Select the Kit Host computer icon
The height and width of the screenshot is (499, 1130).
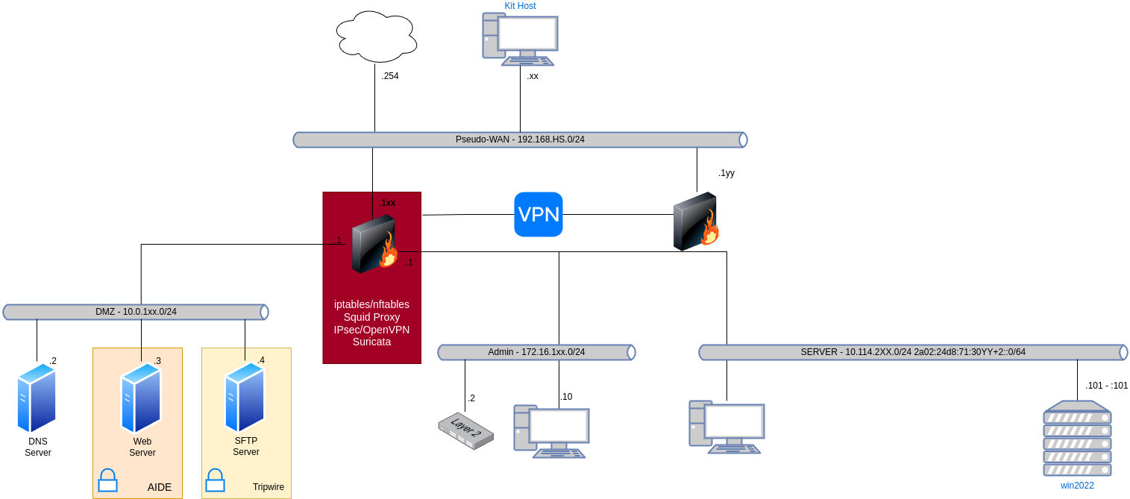520,39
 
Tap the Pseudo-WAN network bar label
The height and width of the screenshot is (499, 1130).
520,139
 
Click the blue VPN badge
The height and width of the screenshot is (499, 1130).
539,215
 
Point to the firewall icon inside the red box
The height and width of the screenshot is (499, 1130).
374,245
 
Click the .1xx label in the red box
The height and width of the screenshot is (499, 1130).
387,203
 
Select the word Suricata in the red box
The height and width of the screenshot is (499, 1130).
371,342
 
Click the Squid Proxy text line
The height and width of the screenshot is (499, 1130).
371,317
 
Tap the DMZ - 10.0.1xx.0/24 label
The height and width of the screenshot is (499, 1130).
136,312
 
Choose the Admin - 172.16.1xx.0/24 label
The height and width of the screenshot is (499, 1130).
536,352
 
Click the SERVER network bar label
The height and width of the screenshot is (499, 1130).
913,352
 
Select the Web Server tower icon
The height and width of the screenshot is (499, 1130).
141,398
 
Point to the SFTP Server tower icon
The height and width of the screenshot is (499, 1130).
245,398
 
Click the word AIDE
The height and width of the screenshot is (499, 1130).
160,487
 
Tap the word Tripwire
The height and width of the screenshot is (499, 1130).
268,487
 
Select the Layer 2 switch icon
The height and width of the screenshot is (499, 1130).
465,431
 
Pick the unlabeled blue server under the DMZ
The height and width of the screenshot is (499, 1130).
37,398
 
